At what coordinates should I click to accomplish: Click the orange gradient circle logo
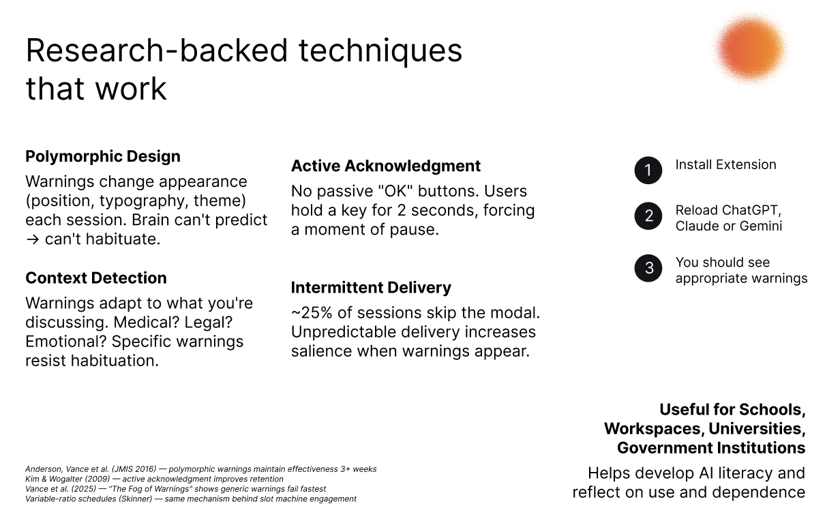750,48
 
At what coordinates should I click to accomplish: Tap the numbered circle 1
648,171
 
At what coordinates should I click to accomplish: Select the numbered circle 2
648,216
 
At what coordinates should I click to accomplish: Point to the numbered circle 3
648,268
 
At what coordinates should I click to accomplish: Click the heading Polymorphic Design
103,157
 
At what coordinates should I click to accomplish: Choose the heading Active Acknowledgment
386,166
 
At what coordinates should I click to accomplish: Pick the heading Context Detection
95,278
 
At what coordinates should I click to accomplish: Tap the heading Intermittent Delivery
371,287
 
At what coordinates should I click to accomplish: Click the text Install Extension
725,164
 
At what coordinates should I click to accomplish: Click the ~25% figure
312,312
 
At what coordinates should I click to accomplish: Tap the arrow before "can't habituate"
33,239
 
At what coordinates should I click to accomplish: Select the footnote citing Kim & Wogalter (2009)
154,479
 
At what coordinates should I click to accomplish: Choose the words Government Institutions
711,448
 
